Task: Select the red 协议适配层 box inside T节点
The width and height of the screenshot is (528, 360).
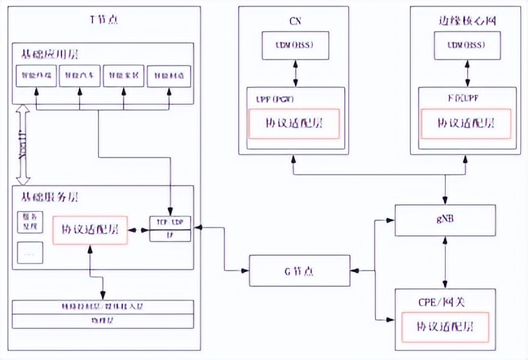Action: [90, 229]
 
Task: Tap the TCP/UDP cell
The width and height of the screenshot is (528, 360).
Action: [170, 221]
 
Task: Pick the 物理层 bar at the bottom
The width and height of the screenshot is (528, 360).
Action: [104, 321]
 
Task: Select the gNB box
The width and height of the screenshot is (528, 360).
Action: [445, 221]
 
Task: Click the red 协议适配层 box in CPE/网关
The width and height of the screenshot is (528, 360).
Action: [445, 326]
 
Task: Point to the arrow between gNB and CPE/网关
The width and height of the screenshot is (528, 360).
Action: [445, 262]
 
